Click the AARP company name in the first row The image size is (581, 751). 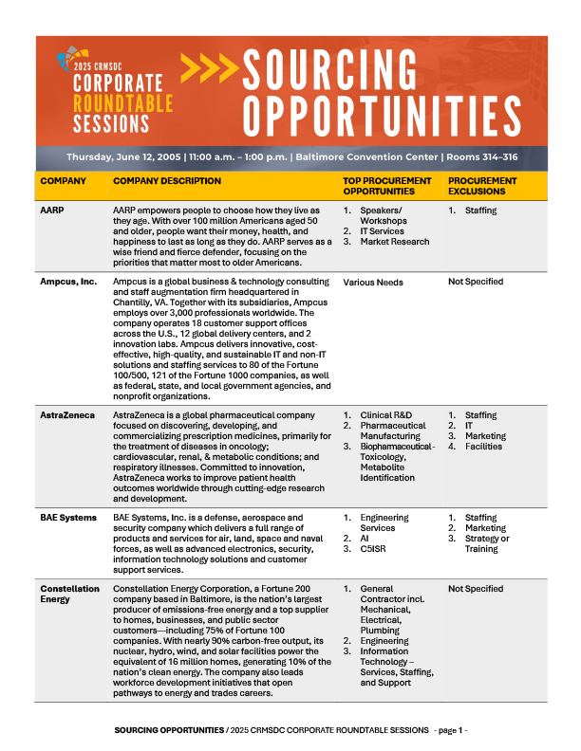click(x=51, y=210)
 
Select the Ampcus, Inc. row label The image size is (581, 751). click(x=66, y=282)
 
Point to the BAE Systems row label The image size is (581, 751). click(x=67, y=518)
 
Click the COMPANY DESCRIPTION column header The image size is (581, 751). click(x=166, y=180)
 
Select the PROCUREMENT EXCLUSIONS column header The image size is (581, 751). click(x=482, y=186)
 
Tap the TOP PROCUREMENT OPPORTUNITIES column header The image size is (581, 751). click(x=381, y=186)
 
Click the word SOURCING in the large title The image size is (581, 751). click(x=328, y=70)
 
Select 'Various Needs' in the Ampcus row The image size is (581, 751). click(x=373, y=282)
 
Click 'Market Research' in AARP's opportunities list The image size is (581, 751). click(x=395, y=242)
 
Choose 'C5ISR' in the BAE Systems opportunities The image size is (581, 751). click(x=374, y=549)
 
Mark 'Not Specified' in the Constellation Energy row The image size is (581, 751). click(x=476, y=589)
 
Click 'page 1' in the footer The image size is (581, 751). click(x=448, y=731)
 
